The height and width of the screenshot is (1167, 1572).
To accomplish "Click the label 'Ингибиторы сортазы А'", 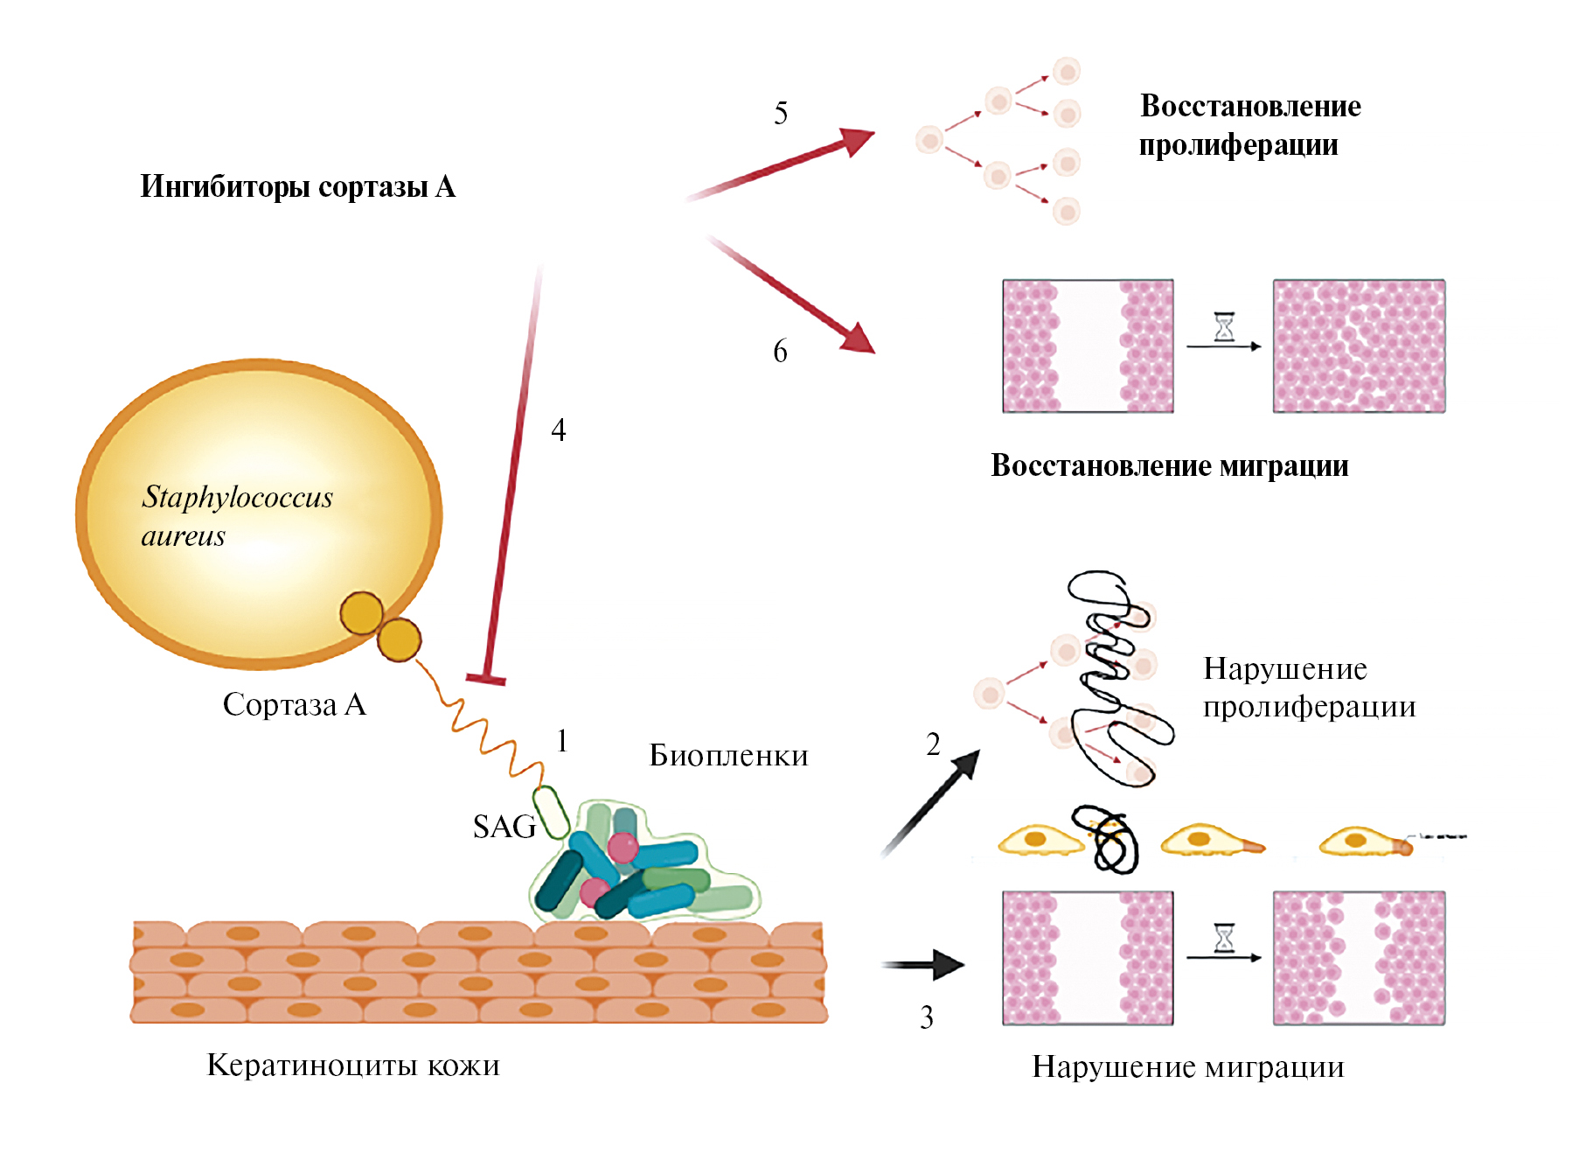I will tap(297, 187).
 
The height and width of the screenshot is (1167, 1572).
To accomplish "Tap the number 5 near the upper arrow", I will tap(781, 113).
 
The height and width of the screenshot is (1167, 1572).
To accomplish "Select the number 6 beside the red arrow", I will tap(780, 351).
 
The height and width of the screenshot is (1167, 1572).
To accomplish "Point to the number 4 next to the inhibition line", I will tap(558, 430).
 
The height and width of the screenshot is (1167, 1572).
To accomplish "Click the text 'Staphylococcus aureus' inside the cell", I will tap(236, 516).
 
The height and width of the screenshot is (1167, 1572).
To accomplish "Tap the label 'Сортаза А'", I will tap(294, 704).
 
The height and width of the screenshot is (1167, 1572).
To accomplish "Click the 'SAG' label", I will tap(504, 827).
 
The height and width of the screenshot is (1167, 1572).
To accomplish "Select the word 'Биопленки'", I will tap(728, 756).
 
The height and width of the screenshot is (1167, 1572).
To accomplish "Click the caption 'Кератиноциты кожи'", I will tap(353, 1066).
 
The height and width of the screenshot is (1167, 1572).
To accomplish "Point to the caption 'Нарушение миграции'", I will tap(1187, 1066).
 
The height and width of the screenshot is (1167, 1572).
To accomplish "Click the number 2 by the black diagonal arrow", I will tap(933, 744).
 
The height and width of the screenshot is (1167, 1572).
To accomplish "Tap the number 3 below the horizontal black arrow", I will tap(926, 1017).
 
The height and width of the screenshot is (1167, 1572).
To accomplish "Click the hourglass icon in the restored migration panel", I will tap(1224, 327).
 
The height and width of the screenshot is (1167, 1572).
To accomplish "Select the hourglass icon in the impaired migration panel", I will tap(1224, 939).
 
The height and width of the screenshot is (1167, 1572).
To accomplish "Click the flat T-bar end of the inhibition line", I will tap(486, 678).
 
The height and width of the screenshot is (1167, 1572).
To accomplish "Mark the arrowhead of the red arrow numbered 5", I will tap(858, 140).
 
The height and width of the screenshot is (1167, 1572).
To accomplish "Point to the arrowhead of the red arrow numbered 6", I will tap(859, 339).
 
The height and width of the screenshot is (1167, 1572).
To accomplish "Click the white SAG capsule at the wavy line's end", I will tap(551, 812).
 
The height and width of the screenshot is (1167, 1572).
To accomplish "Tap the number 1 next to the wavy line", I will tap(562, 741).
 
